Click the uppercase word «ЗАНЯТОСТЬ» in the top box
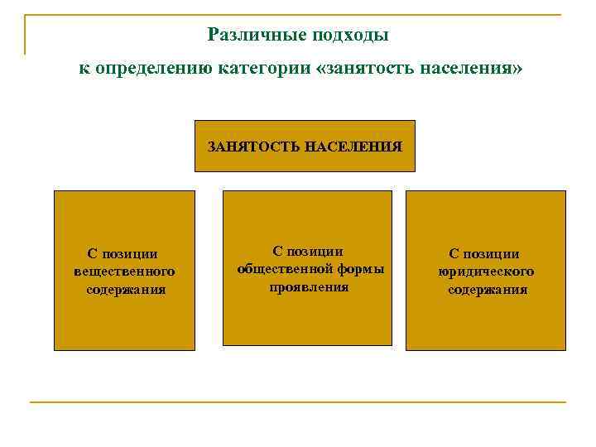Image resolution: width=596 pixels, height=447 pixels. [253, 147]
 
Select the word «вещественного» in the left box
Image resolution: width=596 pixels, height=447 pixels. [124, 272]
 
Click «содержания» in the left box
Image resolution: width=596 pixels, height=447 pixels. [126, 290]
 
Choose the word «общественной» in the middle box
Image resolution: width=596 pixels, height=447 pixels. [282, 268]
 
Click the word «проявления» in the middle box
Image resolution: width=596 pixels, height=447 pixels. [309, 286]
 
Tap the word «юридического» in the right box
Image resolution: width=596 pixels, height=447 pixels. [486, 272]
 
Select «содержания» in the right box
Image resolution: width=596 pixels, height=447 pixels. [488, 290]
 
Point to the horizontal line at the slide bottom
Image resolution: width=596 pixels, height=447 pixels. [298, 402]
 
